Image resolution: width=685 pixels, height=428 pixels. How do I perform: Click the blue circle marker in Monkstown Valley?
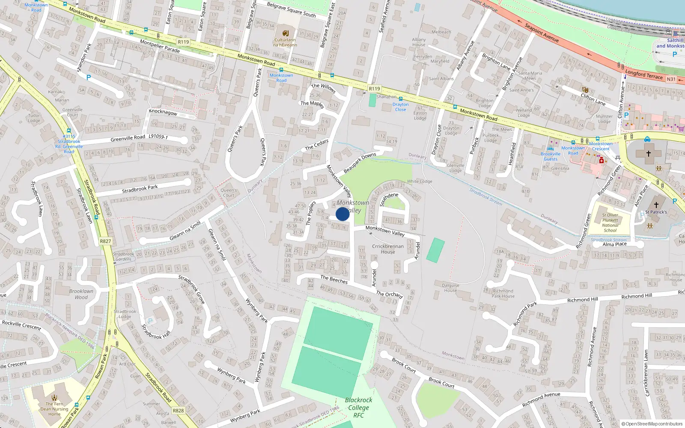click(342, 214)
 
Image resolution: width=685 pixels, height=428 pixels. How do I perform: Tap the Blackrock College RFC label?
click(359, 407)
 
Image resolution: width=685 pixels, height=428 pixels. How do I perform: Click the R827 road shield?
click(105, 241)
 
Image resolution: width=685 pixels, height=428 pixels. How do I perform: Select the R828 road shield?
click(178, 410)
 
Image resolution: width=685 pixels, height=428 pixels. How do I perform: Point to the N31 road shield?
click(671, 79)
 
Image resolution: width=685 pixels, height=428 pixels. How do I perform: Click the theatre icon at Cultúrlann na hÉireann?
click(286, 33)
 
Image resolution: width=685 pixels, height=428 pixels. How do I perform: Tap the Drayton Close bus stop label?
click(400, 107)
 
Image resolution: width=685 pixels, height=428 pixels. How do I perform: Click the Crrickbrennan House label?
click(388, 249)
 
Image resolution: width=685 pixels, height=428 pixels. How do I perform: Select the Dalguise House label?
click(450, 288)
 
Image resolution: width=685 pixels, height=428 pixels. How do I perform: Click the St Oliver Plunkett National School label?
click(610, 223)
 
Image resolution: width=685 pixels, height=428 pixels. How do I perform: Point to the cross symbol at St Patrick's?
click(656, 205)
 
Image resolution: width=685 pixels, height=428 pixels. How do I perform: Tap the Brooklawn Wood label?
click(81, 294)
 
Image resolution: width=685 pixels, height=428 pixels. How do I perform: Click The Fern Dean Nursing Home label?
click(54, 409)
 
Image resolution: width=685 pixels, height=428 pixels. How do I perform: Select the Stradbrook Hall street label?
click(156, 332)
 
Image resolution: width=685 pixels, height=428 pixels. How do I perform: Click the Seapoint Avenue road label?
click(542, 33)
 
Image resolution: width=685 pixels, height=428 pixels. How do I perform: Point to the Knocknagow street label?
click(163, 112)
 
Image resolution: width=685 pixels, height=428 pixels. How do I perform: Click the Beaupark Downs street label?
click(360, 162)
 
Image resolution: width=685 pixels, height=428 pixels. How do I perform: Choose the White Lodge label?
click(420, 181)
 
